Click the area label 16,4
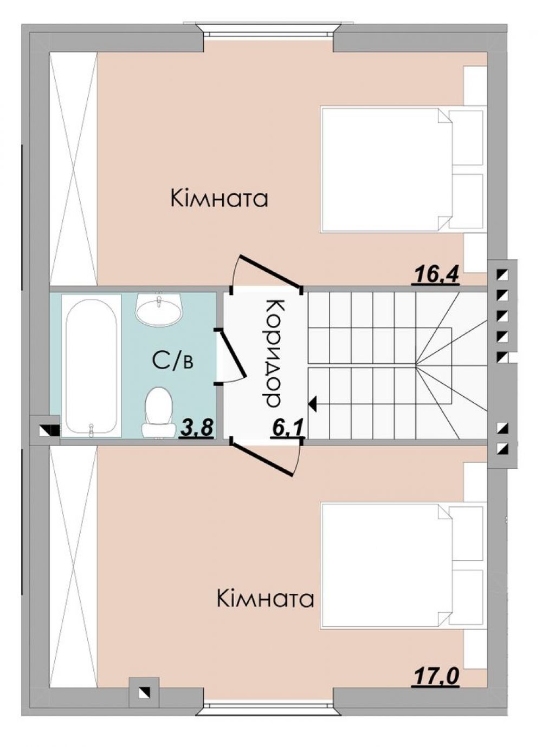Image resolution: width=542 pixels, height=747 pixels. coord(436,275)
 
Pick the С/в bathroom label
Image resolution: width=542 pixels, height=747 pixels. coord(172,361)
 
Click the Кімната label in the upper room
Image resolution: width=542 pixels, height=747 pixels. coord(219,199)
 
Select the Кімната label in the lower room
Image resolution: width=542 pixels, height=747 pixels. coord(265,599)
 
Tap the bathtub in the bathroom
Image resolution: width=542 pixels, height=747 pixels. coord(91,365)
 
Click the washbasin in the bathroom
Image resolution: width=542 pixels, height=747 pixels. coord(159,310)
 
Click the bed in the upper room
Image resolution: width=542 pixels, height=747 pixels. coord(386,170)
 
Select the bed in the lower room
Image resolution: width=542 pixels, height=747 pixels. coord(386,565)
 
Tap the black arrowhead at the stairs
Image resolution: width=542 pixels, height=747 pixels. coord(313,404)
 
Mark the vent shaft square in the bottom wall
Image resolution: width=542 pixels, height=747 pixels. coord(144,692)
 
